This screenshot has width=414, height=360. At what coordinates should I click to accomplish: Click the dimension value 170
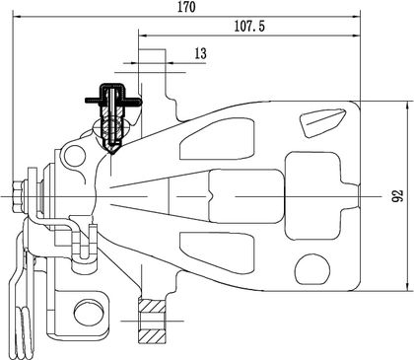point(186,7)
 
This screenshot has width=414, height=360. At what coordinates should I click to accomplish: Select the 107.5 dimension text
point(249,26)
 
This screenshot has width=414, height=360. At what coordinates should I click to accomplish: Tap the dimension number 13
point(200,53)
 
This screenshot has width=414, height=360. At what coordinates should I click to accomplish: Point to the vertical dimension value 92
point(398,196)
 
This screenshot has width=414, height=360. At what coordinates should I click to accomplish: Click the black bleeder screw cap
point(112,93)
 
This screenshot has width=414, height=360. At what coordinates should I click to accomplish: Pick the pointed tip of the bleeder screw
point(112,153)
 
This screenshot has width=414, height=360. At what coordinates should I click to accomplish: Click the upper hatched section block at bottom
point(152,307)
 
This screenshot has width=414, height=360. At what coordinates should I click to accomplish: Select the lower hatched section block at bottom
point(152,336)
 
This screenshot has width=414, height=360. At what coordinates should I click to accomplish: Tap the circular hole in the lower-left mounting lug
point(88,313)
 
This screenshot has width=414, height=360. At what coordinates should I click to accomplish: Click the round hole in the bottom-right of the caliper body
point(312,269)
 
